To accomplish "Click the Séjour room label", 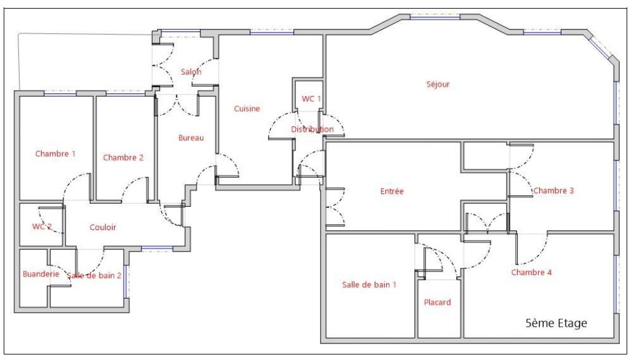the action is click(x=438, y=84).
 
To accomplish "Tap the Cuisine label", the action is click(x=247, y=108).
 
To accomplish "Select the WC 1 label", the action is click(x=311, y=98).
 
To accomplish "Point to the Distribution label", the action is click(x=312, y=129).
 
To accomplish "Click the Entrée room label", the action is click(x=392, y=191).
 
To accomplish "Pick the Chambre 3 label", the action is click(x=553, y=190).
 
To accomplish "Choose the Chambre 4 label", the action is click(x=531, y=273).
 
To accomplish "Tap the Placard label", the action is click(x=437, y=302).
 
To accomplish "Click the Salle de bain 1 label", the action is click(x=369, y=284).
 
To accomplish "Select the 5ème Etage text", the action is click(x=556, y=323).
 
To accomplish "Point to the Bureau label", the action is click(x=191, y=138).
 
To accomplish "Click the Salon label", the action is click(x=191, y=72).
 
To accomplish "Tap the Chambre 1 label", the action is click(x=55, y=153).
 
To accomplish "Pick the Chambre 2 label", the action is click(x=123, y=158).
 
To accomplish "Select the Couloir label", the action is click(x=103, y=228).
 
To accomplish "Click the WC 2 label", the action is click(x=42, y=226).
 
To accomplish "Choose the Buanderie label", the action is click(x=41, y=274).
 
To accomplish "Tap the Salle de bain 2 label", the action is click(x=94, y=276).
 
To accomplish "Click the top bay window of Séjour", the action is click(x=435, y=17).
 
